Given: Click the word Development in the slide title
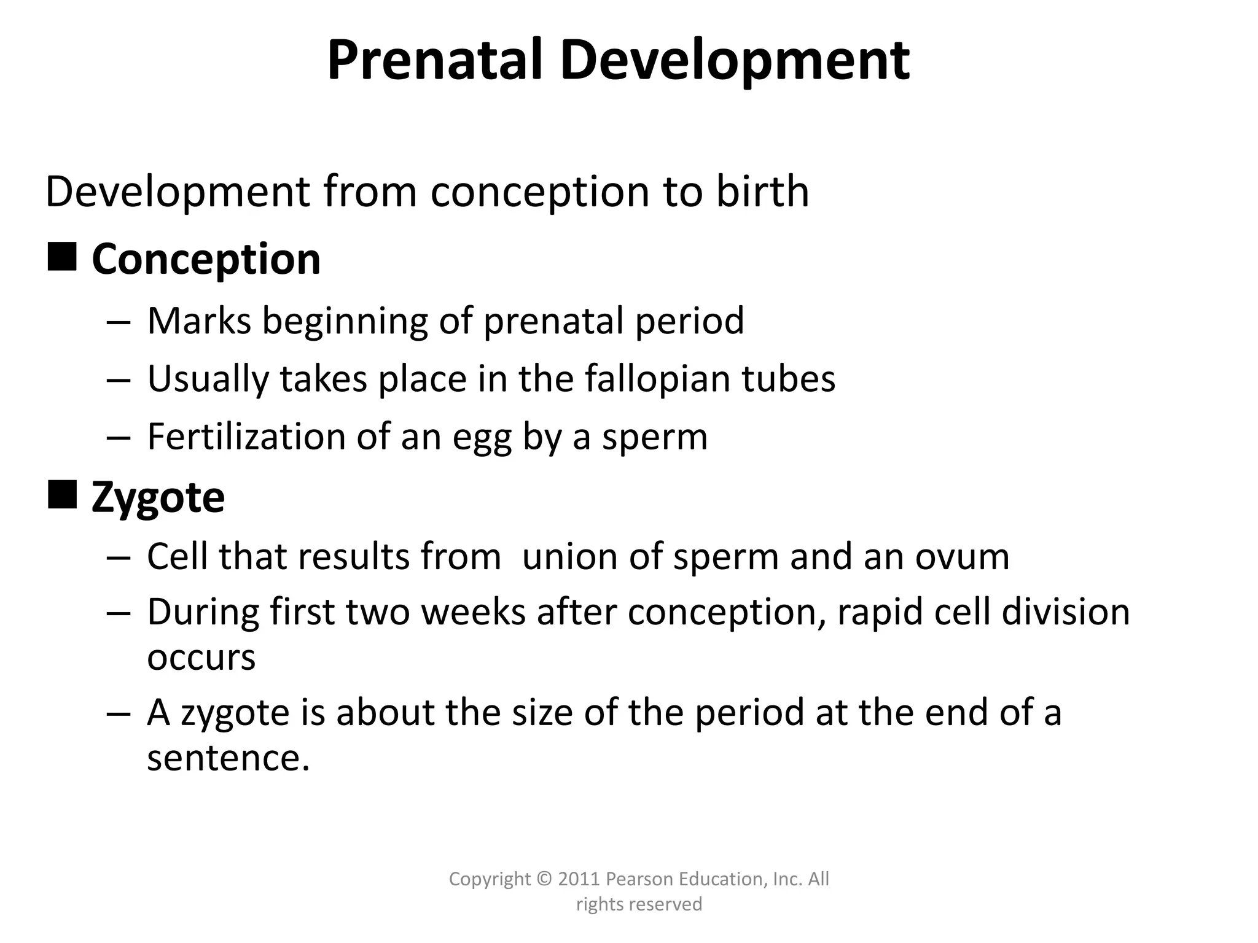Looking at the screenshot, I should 735,61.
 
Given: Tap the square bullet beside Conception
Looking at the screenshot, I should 62,257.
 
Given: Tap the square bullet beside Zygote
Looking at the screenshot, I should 62,495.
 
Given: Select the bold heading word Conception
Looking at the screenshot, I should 206,259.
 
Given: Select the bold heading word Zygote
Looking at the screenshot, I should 158,499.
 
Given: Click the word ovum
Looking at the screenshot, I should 962,557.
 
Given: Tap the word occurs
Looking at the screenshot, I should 201,658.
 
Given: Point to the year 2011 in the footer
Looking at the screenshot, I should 579,879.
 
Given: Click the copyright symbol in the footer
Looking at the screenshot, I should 544,879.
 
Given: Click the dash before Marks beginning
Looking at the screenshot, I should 118,322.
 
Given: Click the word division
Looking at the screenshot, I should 1065,612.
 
